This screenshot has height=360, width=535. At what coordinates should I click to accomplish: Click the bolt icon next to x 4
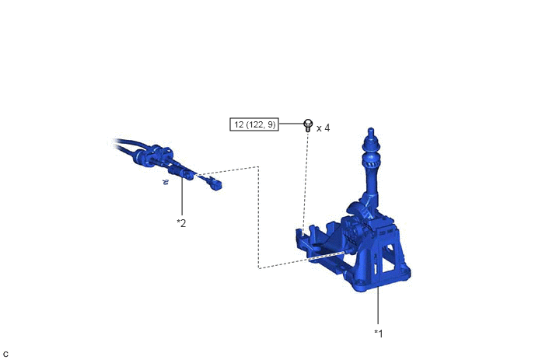coord(308,125)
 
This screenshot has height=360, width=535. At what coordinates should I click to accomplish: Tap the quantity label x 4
coord(323,128)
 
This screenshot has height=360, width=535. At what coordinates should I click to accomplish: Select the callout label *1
coord(379,333)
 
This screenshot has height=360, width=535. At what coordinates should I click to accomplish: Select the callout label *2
coord(181,223)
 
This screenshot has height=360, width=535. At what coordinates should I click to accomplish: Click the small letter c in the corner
coord(5,355)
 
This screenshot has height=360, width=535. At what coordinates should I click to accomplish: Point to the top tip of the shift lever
coord(371,128)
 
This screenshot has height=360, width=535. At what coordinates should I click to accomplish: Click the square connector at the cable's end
coord(216,185)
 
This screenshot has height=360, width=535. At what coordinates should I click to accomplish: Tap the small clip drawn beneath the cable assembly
coord(166,182)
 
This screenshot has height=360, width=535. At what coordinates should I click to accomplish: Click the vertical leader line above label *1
coord(378,306)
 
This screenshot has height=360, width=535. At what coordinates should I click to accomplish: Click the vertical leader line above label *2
coord(182,195)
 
